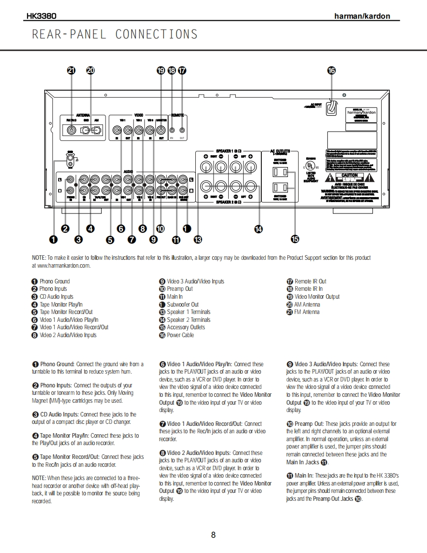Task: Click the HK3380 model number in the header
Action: tap(41, 16)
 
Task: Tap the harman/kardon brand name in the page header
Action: tap(362, 16)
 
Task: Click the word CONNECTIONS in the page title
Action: tap(156, 35)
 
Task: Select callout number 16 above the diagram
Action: tap(331, 70)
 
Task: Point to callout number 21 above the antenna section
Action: tap(71, 70)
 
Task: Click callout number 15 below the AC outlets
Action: tap(295, 239)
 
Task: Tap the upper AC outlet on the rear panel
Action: tap(280, 172)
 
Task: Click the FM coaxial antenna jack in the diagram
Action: tap(72, 130)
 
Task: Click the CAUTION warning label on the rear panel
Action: tap(350, 175)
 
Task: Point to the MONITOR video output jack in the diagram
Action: tap(161, 130)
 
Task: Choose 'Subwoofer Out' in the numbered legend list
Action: tap(182, 305)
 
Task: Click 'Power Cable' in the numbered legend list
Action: tap(180, 335)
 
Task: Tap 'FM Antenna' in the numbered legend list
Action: tap(307, 312)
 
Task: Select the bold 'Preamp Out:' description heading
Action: tap(309, 424)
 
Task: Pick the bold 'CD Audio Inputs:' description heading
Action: tap(59, 415)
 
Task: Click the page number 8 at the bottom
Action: tap(213, 535)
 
